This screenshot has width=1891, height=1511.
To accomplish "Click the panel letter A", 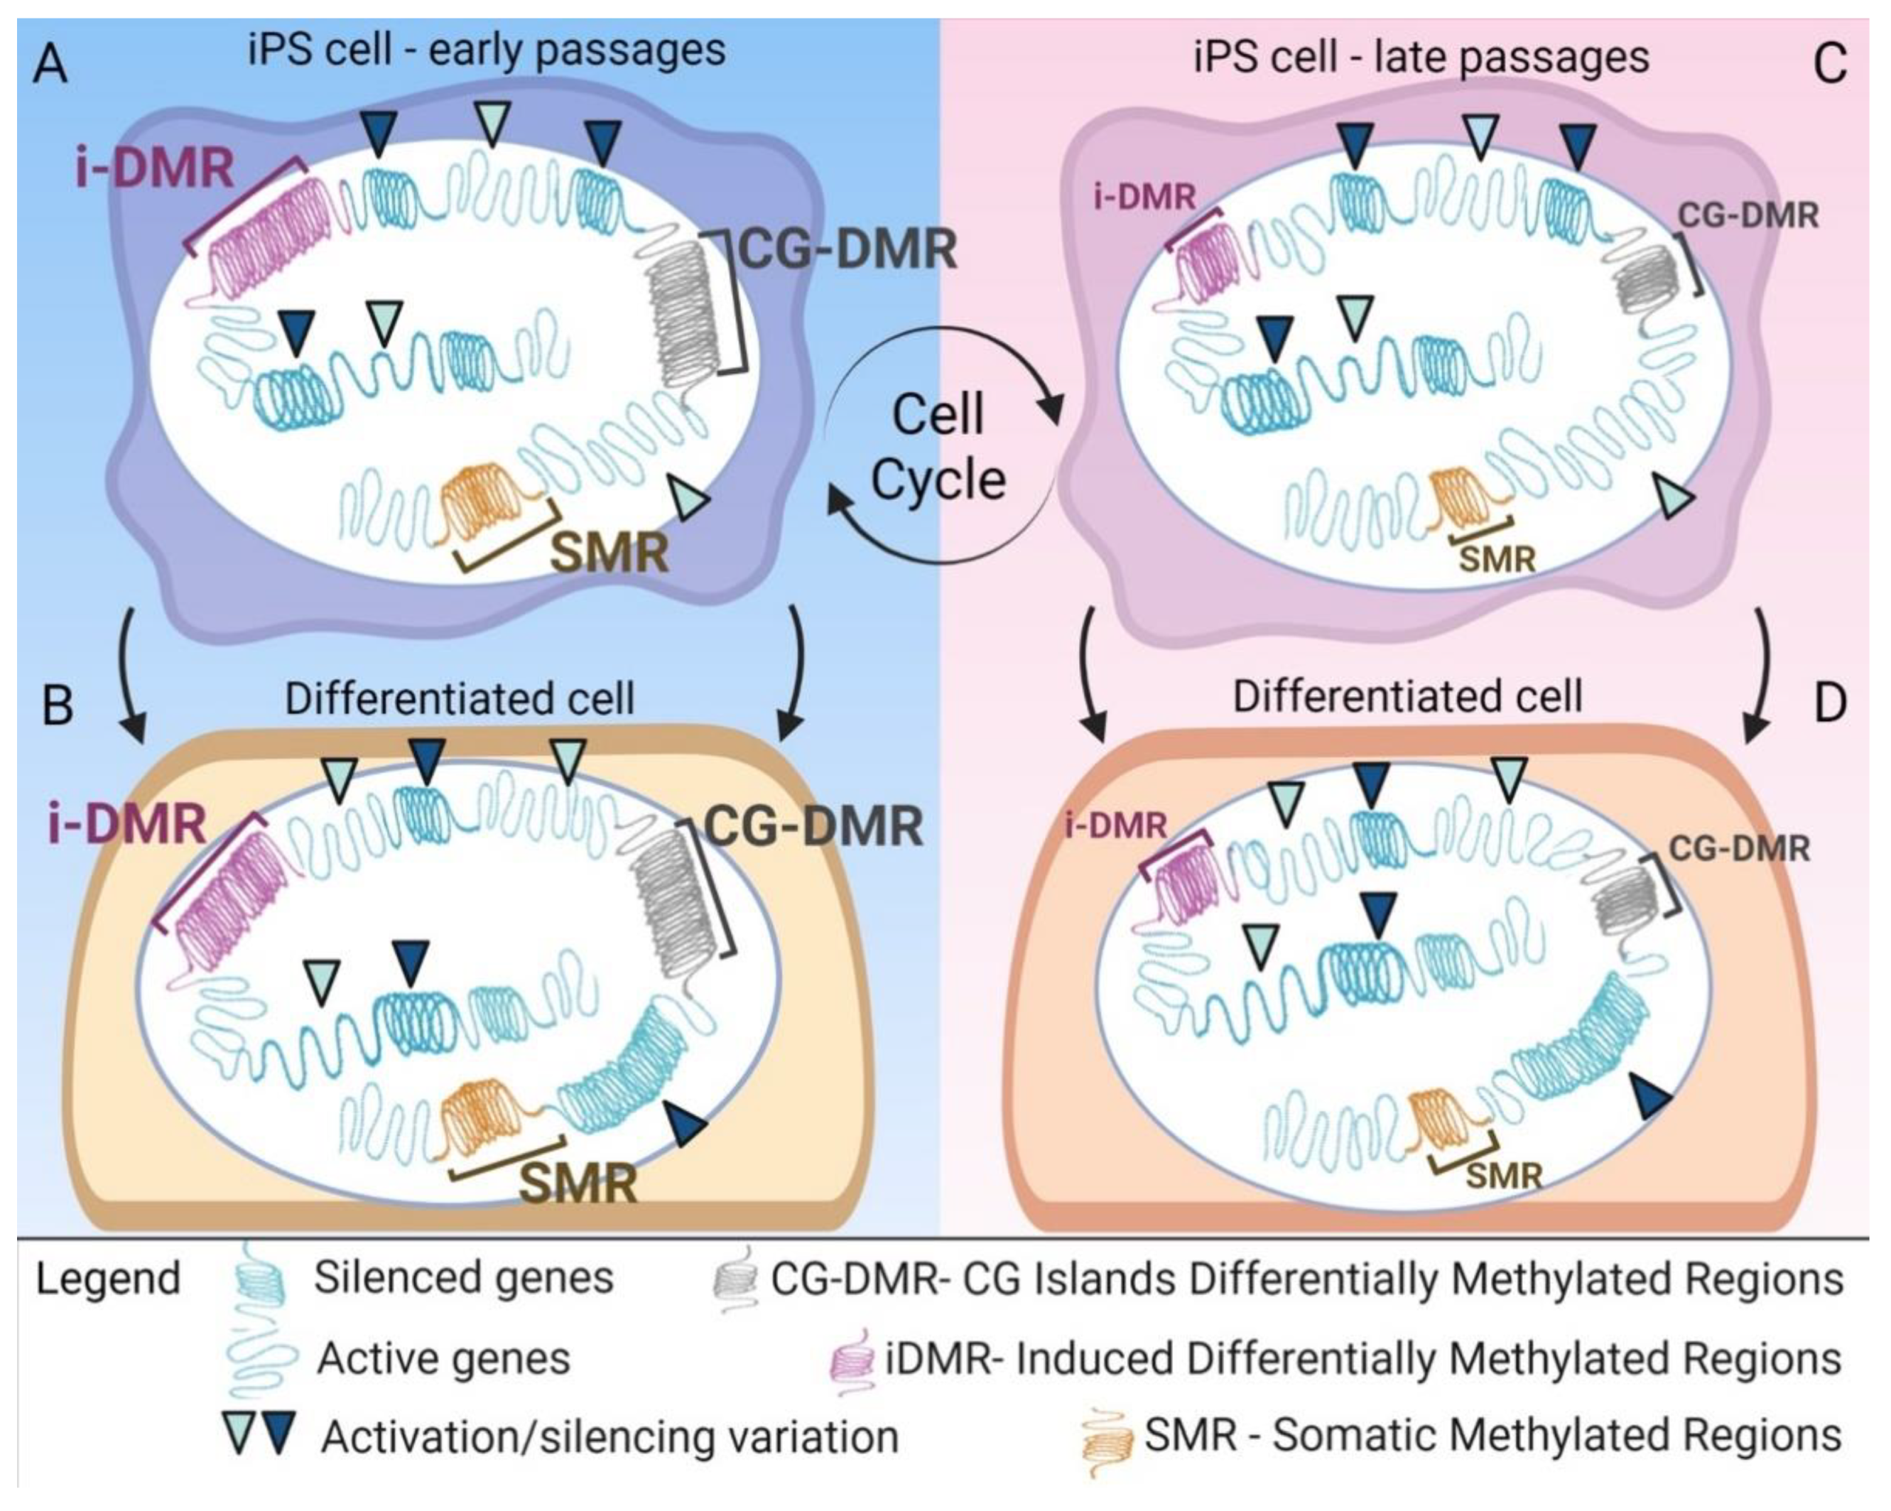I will coord(50,66).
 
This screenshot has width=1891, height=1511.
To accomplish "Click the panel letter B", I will coord(57,706).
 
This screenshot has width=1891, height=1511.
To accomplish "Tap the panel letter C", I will coord(1830,64).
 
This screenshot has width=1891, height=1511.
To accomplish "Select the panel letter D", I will coord(1830,704).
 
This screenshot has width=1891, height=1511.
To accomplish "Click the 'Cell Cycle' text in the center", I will coord(938,448).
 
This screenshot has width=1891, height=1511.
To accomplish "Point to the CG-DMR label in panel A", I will coord(846,250).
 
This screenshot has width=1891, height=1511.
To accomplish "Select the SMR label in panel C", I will coord(1497,558).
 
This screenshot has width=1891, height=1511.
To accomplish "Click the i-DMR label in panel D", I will coord(1116,825).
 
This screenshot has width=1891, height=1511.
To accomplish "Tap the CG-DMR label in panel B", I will coord(813,826).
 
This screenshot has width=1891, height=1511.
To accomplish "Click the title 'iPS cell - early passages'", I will coord(487,50).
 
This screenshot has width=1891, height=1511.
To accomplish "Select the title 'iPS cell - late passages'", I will coord(1421,57).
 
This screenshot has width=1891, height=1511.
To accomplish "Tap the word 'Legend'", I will coord(107,1279).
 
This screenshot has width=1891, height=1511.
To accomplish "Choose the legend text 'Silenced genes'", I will coord(463,1278).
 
